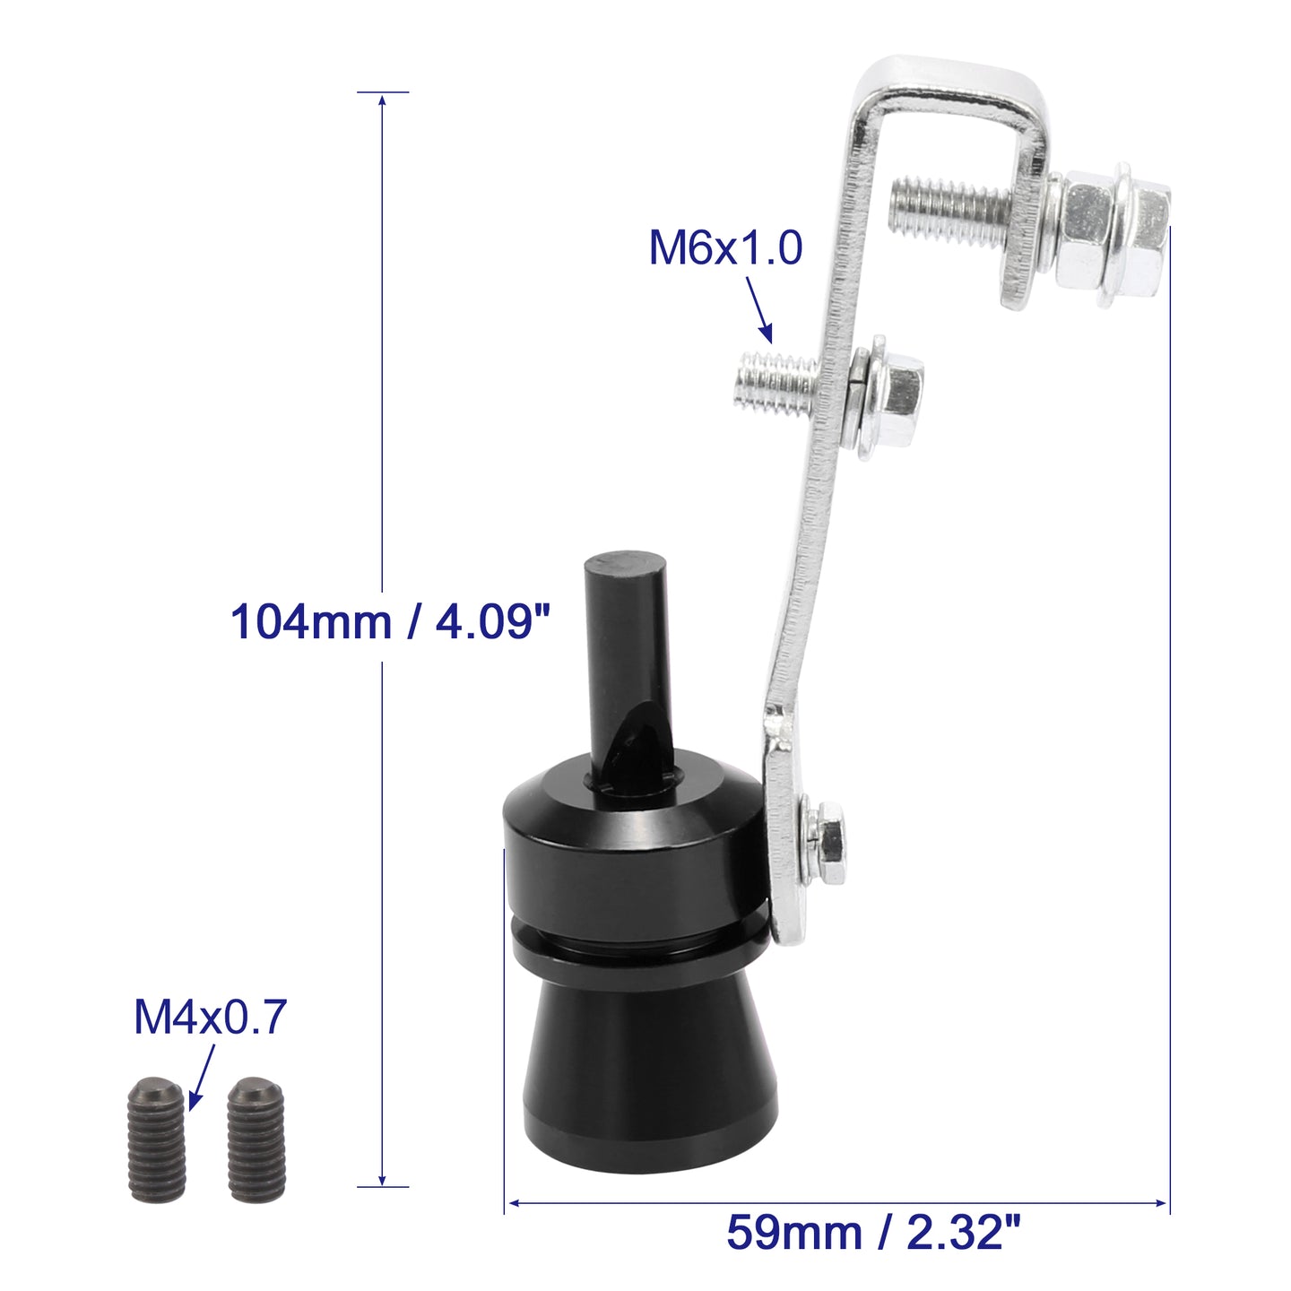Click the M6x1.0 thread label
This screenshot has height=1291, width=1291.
click(x=725, y=247)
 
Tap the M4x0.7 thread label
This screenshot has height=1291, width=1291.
click(x=211, y=1018)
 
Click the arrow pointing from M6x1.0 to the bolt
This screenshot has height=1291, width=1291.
click(x=759, y=309)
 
